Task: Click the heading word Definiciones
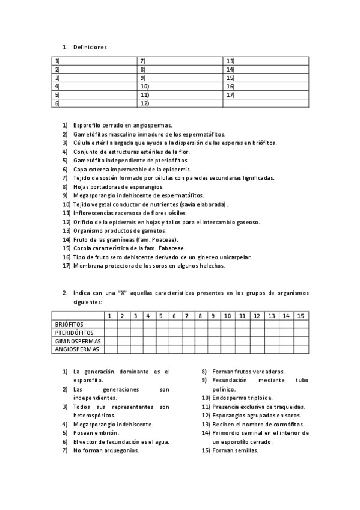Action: coord(90,47)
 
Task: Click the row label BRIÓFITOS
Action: coord(67,324)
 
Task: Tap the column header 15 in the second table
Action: coord(301,315)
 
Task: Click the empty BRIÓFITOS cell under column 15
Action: coord(301,324)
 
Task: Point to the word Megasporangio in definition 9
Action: coord(92,195)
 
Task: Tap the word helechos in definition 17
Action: coord(211,266)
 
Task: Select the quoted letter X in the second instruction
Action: coord(123,293)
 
